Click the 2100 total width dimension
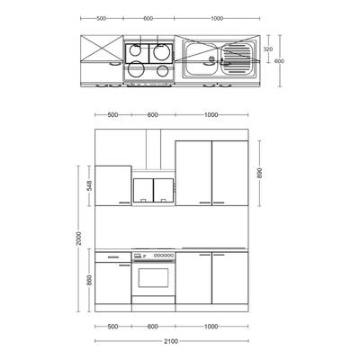[x=171, y=341]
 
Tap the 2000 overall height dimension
[x=78, y=238]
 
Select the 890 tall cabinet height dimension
[x=260, y=173]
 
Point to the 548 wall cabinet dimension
[x=89, y=185]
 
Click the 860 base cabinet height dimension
[x=89, y=280]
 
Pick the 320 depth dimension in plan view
[x=268, y=49]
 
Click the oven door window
[x=153, y=278]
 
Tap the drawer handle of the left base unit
[x=113, y=257]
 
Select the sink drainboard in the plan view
[x=237, y=59]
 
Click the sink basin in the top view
[x=201, y=58]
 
